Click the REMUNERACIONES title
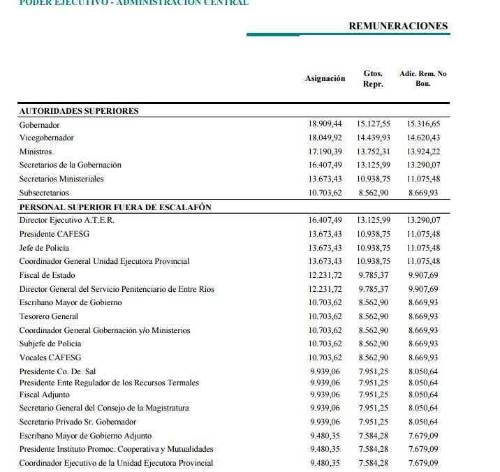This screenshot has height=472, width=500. (x=398, y=26)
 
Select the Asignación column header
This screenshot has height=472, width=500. (x=325, y=79)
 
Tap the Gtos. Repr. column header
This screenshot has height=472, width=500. (x=373, y=78)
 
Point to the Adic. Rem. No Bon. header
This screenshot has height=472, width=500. (x=422, y=78)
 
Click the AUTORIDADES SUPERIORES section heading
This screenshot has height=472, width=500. (x=79, y=111)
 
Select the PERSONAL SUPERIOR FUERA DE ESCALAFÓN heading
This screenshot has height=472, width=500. (x=115, y=207)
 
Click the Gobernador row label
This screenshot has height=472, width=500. (x=39, y=124)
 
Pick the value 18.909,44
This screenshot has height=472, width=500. (x=325, y=124)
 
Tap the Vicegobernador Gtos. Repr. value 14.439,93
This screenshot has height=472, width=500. (x=373, y=138)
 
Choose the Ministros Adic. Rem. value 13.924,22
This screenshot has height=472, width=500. (x=422, y=152)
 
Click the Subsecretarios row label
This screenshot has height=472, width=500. (x=44, y=193)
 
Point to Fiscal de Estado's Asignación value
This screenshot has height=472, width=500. (x=325, y=275)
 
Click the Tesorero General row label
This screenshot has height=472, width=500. (x=49, y=316)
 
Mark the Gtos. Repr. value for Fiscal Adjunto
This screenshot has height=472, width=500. (x=373, y=394)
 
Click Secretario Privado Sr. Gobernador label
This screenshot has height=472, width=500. (x=78, y=422)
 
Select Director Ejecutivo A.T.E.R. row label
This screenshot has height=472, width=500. (x=66, y=220)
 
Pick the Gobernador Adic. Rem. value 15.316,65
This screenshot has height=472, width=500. (x=422, y=124)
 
